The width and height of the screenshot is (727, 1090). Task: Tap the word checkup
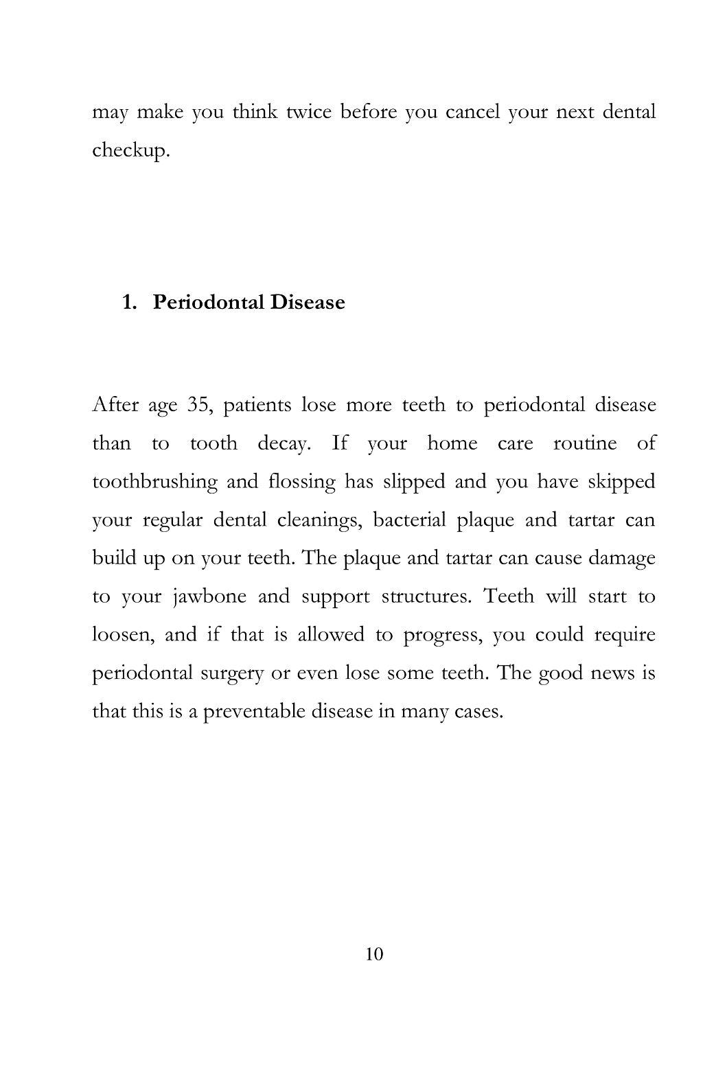[x=130, y=151]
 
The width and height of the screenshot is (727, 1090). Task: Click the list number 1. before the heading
[x=131, y=302]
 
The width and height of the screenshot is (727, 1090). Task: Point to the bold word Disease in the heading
[x=307, y=302]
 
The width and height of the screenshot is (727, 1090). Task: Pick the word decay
[x=285, y=443]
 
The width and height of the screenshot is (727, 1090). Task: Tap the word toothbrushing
[x=154, y=482]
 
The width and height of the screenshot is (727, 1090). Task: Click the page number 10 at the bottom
[x=375, y=954]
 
